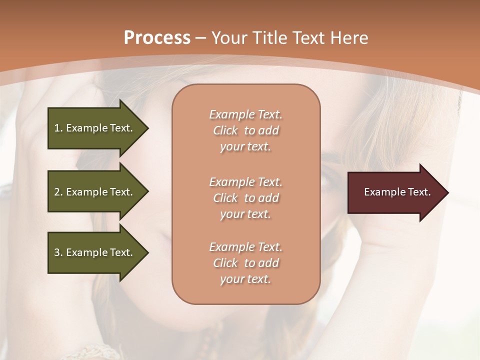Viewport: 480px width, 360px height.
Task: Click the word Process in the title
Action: [157, 38]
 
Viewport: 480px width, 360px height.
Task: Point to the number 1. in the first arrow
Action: [58, 128]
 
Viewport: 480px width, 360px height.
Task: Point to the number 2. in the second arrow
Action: [58, 192]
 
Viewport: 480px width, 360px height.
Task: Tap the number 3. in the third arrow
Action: [58, 252]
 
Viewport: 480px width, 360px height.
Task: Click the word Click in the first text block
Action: [225, 131]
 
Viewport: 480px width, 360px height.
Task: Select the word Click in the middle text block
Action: [225, 198]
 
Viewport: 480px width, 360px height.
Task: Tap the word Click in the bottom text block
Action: [225, 263]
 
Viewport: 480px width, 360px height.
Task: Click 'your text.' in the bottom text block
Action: [245, 279]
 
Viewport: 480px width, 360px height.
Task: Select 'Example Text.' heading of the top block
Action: [245, 114]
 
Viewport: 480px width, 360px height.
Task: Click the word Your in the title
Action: [228, 38]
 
